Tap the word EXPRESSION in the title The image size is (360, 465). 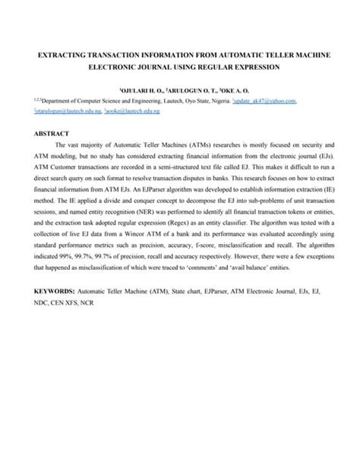[254, 67]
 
